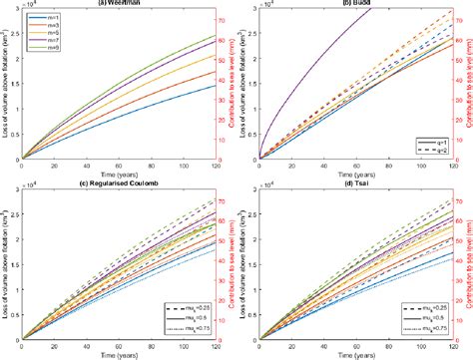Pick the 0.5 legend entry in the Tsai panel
click(417, 309)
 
